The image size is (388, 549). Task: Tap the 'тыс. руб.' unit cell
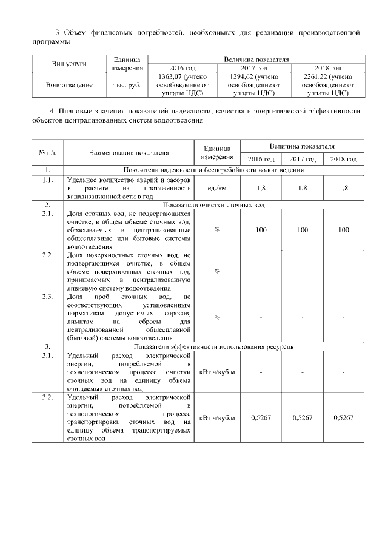(x=127, y=85)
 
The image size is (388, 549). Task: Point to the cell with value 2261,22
(x=328, y=85)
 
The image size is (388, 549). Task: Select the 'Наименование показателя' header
(x=129, y=152)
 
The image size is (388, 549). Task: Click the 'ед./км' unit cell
(x=217, y=188)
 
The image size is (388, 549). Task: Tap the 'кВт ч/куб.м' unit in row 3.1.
(x=217, y=371)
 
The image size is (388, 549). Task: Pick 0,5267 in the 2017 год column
(x=302, y=418)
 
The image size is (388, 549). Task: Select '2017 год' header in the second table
(x=302, y=159)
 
